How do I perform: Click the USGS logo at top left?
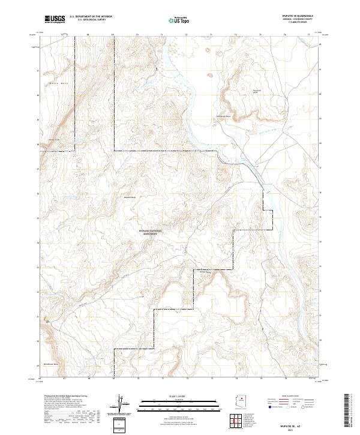pyautogui.click(x=55, y=20)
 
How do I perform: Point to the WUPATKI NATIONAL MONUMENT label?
pyautogui.click(x=155, y=231)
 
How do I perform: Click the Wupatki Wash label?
pyautogui.click(x=130, y=197)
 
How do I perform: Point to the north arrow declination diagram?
pyautogui.click(x=119, y=406)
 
